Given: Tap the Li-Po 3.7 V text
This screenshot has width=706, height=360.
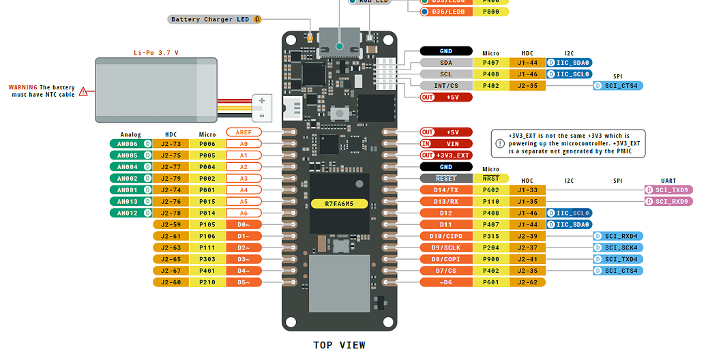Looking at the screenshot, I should pyautogui.click(x=156, y=52).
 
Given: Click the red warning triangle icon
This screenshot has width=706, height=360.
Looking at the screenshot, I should pyautogui.click(x=83, y=91).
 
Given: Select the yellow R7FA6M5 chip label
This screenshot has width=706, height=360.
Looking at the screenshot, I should pyautogui.click(x=339, y=203).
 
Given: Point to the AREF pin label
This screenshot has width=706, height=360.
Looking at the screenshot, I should pyautogui.click(x=244, y=132).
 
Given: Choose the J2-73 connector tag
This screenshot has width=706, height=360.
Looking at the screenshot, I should pyautogui.click(x=171, y=144).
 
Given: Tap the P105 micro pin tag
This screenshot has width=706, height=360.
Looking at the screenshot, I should pyautogui.click(x=207, y=224).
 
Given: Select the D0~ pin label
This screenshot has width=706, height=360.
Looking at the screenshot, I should pyautogui.click(x=244, y=224).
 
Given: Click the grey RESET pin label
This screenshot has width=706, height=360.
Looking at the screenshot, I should pyautogui.click(x=446, y=178).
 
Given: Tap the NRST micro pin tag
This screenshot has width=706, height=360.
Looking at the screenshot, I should pyautogui.click(x=490, y=178).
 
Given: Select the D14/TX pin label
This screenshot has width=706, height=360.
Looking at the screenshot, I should pyautogui.click(x=446, y=190).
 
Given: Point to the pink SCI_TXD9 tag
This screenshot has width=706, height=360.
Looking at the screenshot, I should pyautogui.click(x=668, y=190).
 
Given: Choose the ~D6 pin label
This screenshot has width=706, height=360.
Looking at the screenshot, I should pyautogui.click(x=446, y=282).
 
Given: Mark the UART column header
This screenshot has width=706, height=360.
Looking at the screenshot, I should pyautogui.click(x=668, y=181).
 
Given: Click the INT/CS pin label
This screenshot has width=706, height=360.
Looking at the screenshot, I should pyautogui.click(x=446, y=86).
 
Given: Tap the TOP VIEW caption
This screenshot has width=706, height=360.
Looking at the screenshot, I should pyautogui.click(x=339, y=345).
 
